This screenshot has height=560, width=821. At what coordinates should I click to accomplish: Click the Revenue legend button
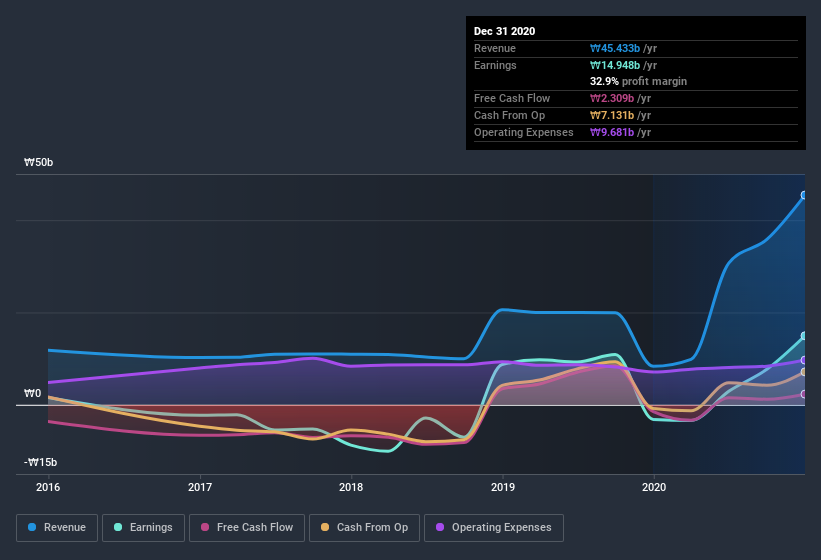click(x=57, y=527)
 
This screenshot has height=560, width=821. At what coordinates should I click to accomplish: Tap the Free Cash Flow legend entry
click(x=247, y=527)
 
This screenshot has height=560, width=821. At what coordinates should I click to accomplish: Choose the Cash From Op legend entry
click(x=364, y=527)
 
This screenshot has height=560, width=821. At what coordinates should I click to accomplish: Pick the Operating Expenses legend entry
click(x=493, y=527)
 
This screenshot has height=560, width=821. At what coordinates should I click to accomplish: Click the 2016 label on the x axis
click(x=48, y=487)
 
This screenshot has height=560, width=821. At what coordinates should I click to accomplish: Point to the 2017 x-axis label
click(x=200, y=487)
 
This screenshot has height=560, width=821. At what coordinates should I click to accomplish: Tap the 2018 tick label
click(x=351, y=487)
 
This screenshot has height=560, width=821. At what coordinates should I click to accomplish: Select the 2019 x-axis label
click(x=503, y=487)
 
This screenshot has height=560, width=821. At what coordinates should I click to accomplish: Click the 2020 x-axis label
click(x=653, y=487)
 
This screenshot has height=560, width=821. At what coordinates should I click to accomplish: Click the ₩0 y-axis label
click(x=33, y=393)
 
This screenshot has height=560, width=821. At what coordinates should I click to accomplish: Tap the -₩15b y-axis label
click(x=41, y=462)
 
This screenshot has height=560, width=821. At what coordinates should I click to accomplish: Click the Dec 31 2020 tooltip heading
click(x=505, y=31)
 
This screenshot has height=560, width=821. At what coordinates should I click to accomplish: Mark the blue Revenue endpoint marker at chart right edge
click(x=804, y=196)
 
